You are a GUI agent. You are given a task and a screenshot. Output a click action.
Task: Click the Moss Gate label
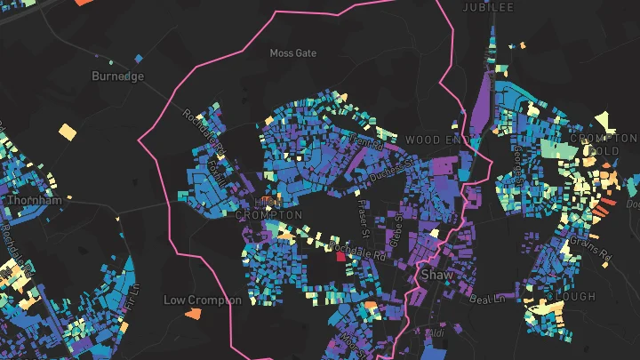tap(292, 53)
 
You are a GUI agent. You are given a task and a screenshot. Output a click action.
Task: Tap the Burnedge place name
tap(117, 76)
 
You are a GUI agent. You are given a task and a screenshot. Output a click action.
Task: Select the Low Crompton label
tap(202, 300)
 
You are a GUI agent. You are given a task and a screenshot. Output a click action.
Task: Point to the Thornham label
tap(35, 201)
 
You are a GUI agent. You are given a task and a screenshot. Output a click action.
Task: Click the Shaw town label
tap(437, 275)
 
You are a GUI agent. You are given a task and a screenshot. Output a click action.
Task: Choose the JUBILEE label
tap(488, 7)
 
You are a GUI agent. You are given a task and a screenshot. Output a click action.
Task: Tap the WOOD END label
tap(436, 140)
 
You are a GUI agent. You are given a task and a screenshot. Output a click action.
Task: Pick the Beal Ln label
tap(486, 299)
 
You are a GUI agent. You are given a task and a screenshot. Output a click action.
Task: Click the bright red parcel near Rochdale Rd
tap(340, 257)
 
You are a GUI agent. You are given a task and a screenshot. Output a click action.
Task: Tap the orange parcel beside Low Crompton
tap(192, 313)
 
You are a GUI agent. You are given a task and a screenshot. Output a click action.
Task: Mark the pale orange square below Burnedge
tap(68, 132)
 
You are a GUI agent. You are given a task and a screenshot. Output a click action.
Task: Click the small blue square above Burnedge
tap(138, 60)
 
